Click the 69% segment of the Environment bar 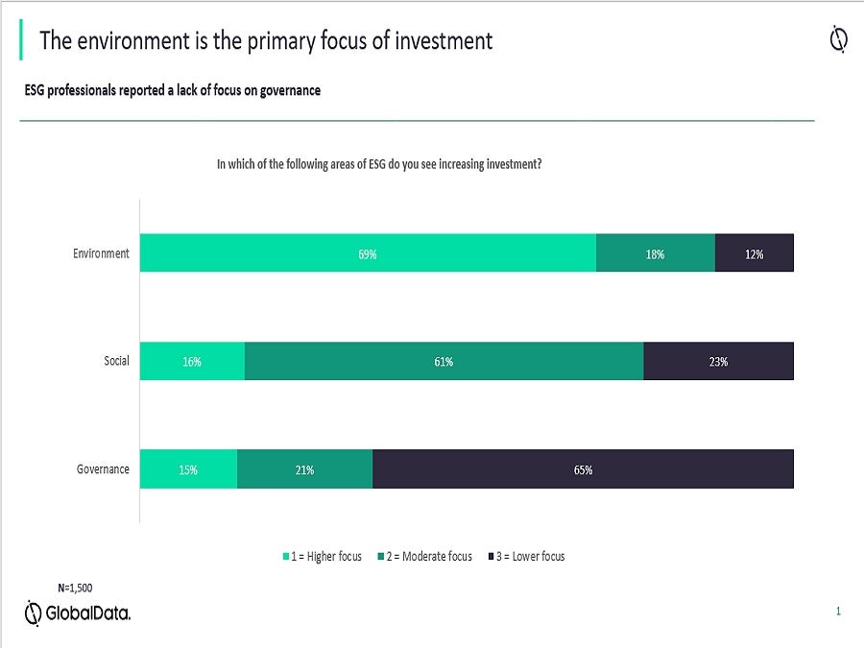pos(368,253)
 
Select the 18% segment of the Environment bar pos(656,253)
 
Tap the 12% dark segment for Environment pos(755,253)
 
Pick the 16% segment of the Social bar pos(192,361)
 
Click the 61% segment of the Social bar pos(444,361)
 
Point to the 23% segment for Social pos(718,361)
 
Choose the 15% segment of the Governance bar pos(188,469)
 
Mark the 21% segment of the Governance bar pos(304,469)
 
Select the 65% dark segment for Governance pos(583,469)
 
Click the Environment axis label pos(101,253)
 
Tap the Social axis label pos(116,361)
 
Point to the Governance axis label pos(103,469)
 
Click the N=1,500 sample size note pos(75,588)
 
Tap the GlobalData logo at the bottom pos(78,613)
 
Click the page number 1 pos(838,611)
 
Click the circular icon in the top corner pos(837,39)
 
